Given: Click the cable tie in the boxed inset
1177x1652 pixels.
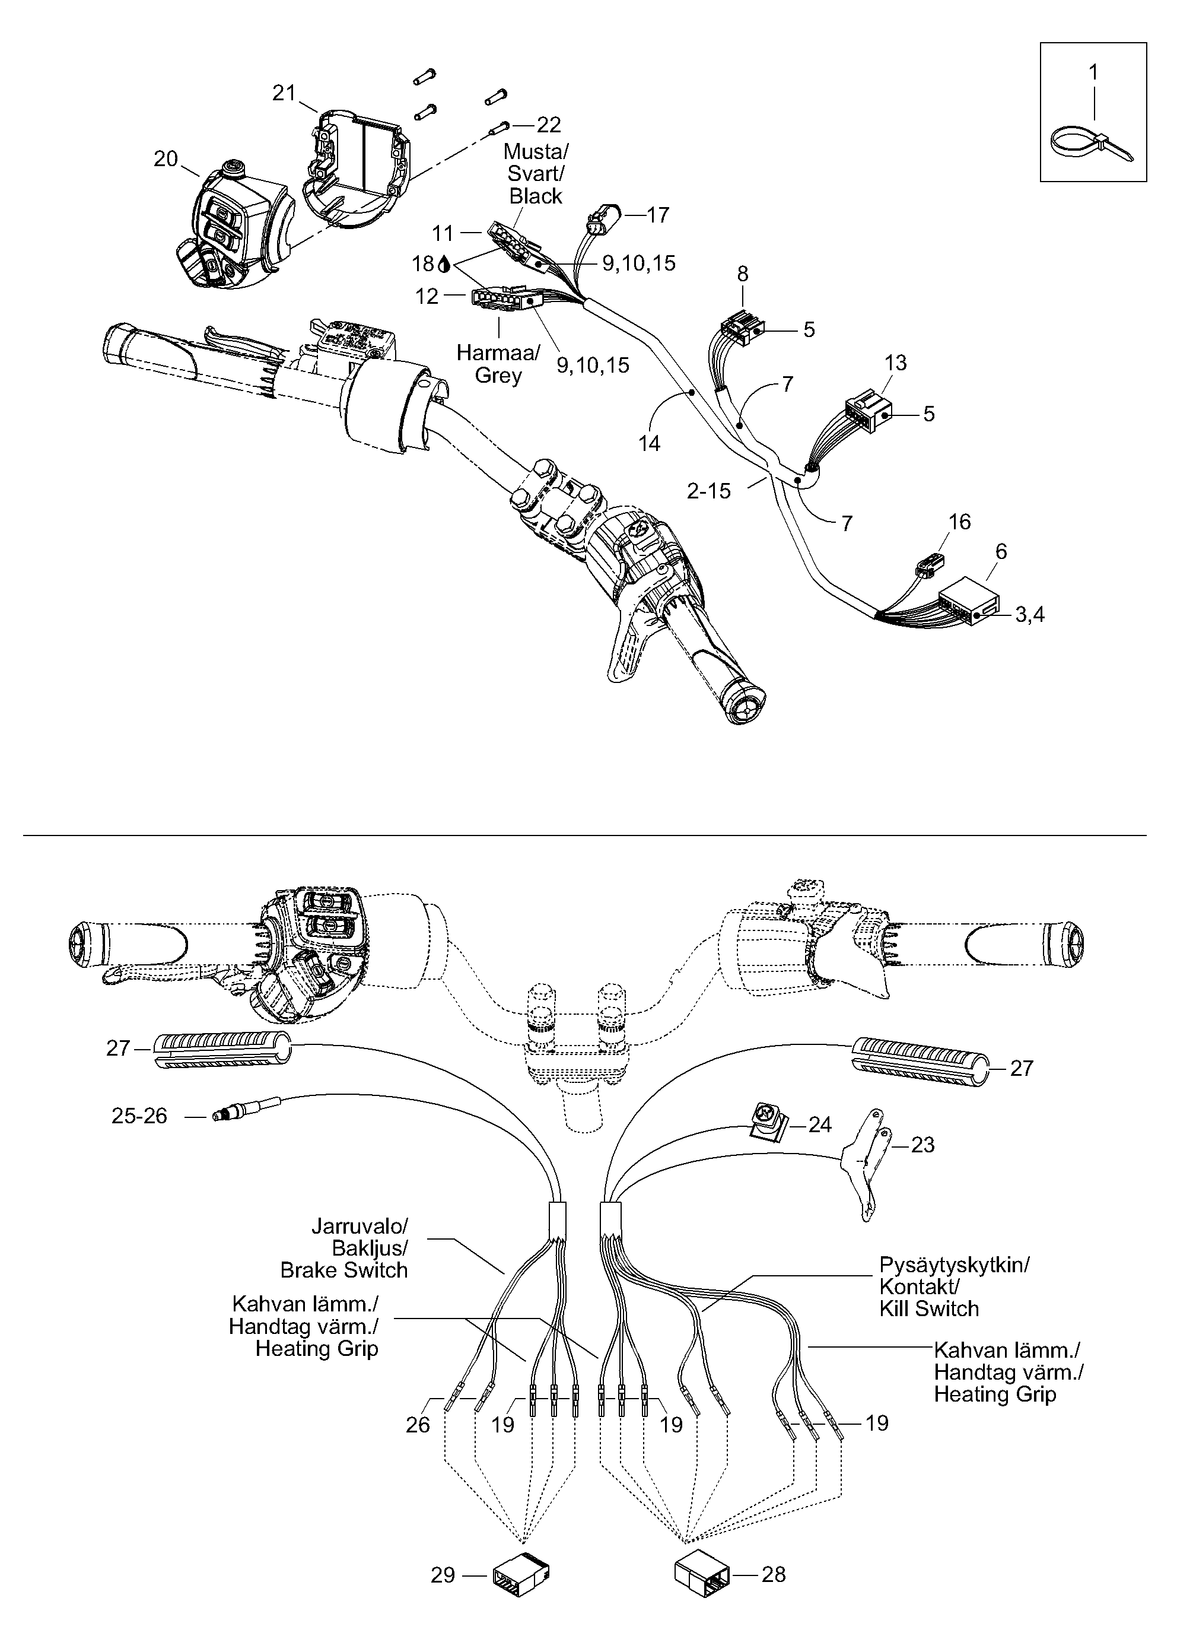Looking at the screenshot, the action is [1092, 144].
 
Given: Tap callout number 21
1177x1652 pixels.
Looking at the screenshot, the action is [285, 93].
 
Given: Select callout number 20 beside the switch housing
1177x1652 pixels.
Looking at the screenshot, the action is [166, 159].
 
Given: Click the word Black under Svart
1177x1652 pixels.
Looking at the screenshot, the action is [536, 196].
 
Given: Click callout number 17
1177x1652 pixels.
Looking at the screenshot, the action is [657, 215].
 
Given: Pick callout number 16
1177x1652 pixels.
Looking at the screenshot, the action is [959, 522].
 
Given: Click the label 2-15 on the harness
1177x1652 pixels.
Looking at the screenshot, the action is [709, 491].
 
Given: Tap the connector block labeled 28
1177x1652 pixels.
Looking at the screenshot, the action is [702, 1574].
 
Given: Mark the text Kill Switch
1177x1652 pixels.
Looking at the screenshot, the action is [929, 1308].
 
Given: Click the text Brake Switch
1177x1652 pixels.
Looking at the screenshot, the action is [343, 1270].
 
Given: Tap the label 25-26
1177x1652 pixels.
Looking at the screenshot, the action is [139, 1116].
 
